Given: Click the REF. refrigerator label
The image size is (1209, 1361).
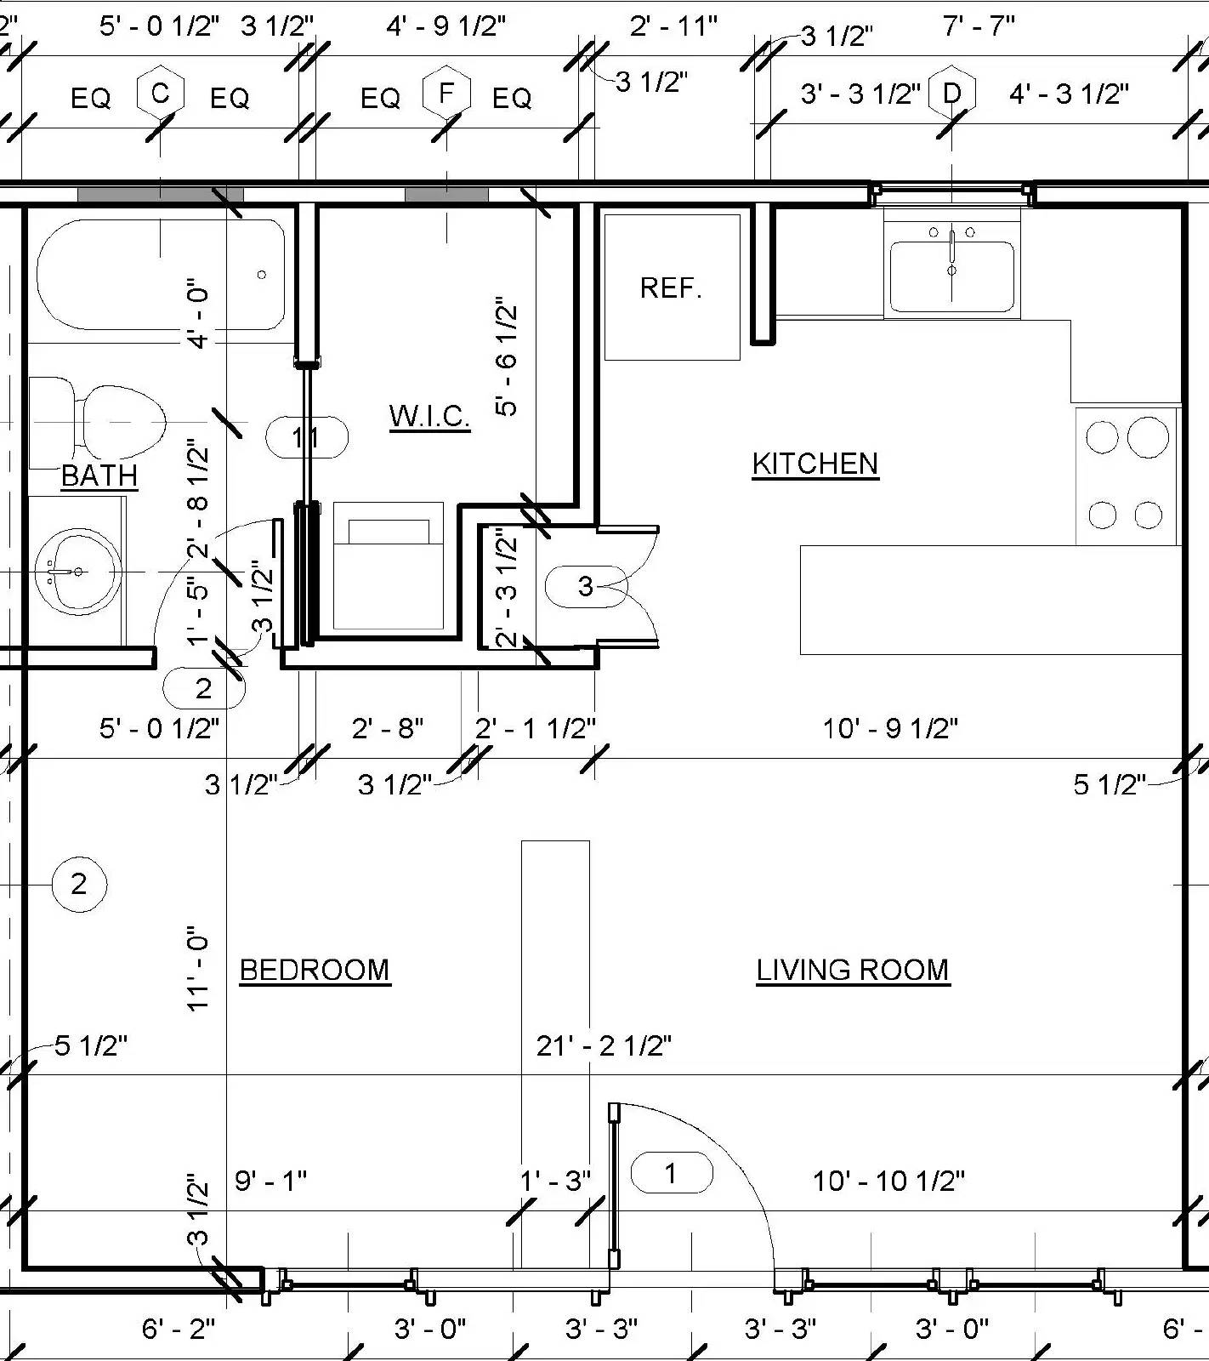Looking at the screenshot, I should point(671,288).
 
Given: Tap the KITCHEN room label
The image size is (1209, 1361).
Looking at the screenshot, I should point(815,464).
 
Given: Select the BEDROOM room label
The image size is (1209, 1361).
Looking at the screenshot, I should point(315,970).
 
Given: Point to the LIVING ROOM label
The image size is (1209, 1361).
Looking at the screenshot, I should point(852,970).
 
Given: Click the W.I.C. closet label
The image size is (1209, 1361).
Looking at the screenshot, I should point(429,416).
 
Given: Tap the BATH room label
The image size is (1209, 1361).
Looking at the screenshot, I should point(99,475).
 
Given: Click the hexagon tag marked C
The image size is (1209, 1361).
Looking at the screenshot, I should point(161,93).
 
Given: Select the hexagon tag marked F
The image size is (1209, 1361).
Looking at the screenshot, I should point(446,93).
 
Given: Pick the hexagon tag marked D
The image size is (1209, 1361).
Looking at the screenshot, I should point(951,93).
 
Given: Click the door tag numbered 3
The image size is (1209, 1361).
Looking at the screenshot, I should point(586,586).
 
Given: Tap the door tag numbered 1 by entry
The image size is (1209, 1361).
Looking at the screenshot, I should point(671,1174).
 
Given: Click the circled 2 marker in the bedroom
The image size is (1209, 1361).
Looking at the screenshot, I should point(79,885).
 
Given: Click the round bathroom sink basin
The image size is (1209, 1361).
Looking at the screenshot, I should point(77,572).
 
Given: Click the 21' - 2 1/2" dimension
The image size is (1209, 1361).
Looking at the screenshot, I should point(604,1045).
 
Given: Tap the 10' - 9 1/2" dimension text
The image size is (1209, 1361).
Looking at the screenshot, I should point(890,729).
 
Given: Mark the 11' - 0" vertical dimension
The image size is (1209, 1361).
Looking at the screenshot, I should point(197,968).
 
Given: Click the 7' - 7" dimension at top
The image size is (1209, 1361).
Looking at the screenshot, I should point(978,26).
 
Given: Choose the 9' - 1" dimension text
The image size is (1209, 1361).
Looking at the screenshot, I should point(270,1181).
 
